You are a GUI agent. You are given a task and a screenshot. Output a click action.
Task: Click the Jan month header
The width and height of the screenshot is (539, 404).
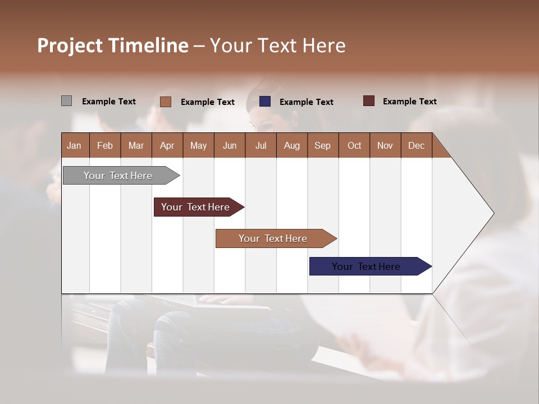click(74, 145)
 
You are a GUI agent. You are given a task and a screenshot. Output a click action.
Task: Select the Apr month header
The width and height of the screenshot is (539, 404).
click(167, 145)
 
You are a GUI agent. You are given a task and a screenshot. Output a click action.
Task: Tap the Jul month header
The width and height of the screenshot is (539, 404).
click(261, 145)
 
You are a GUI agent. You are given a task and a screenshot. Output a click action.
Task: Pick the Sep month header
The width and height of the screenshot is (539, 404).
click(322, 145)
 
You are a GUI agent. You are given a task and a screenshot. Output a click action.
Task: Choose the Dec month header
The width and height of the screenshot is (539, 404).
click(416, 145)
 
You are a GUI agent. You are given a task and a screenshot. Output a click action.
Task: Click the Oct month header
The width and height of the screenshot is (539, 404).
click(354, 145)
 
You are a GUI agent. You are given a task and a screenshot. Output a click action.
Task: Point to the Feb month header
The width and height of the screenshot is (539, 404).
click(105, 145)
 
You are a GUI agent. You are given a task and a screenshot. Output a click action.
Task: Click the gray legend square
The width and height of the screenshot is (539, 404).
click(66, 101)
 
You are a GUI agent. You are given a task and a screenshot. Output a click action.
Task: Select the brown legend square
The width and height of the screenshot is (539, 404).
click(165, 102)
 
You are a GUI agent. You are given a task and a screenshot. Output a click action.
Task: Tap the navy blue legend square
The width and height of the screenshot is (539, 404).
click(265, 102)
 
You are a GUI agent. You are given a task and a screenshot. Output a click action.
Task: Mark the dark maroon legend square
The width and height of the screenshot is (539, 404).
click(368, 101)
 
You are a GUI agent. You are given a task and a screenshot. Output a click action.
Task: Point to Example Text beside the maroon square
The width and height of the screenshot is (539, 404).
click(409, 102)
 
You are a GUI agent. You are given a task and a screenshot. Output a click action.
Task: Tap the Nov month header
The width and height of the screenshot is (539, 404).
click(385, 145)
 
